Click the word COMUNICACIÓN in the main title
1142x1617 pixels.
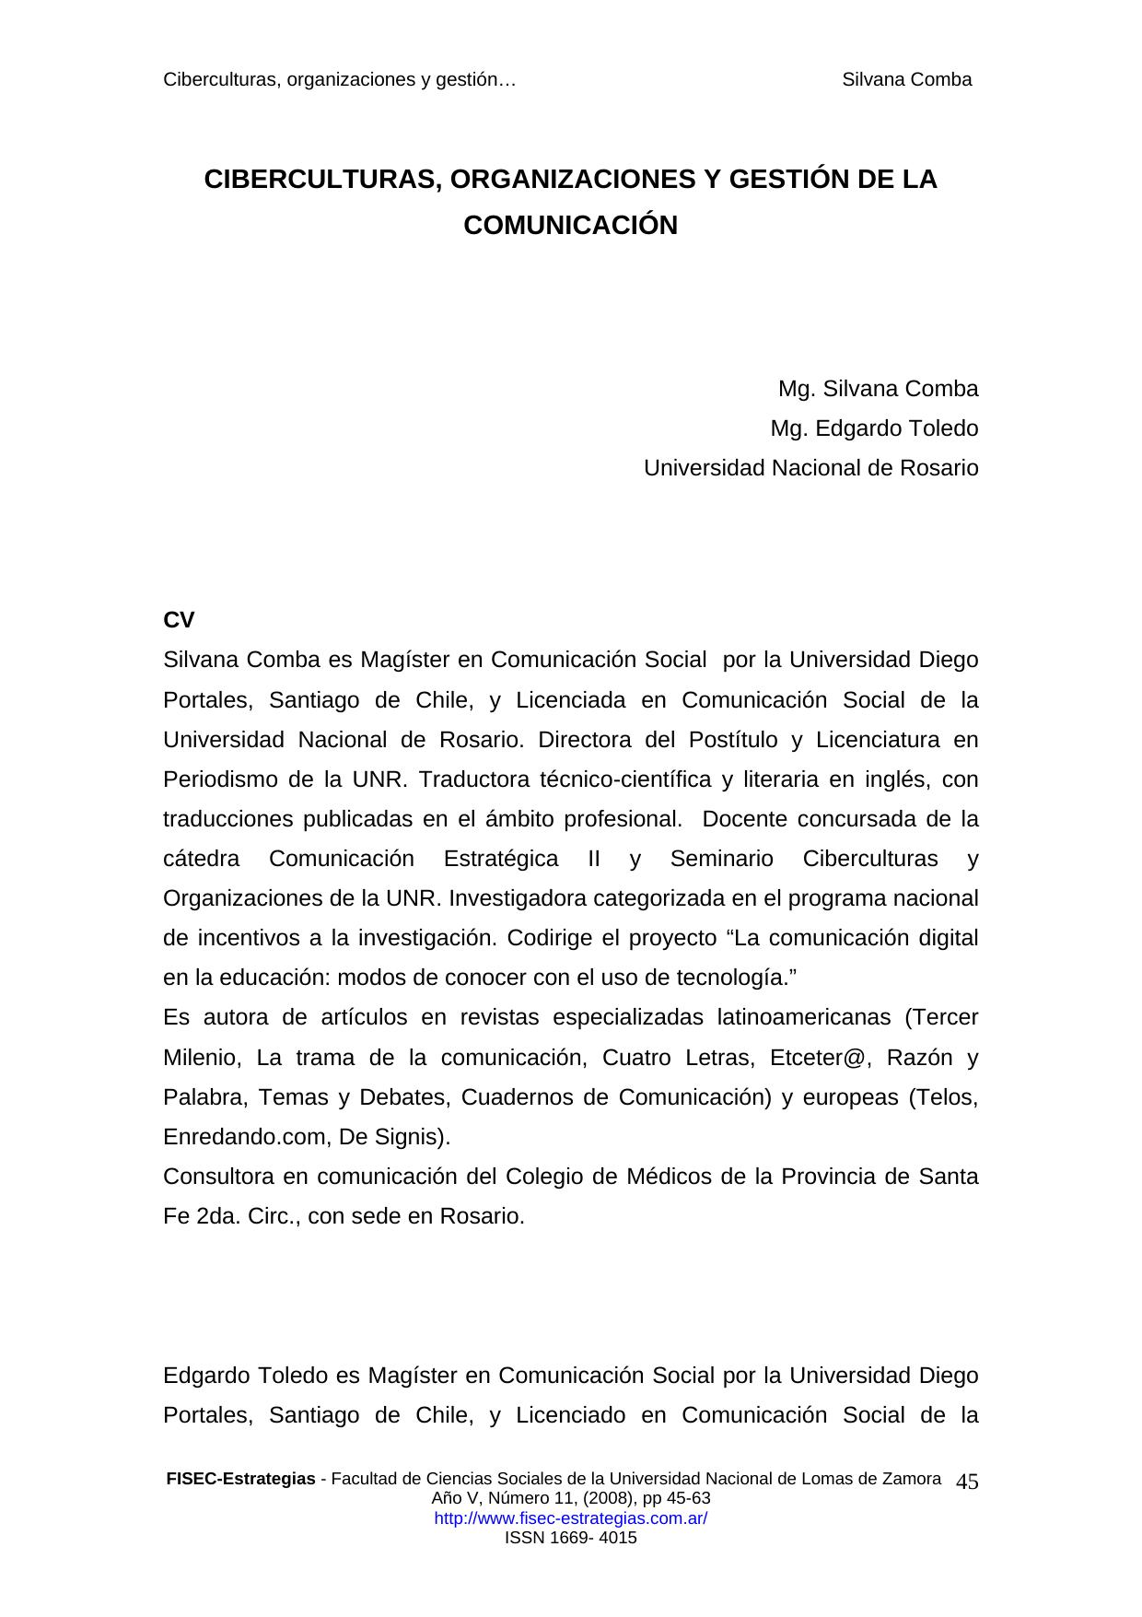[570, 226]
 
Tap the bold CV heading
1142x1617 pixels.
[179, 620]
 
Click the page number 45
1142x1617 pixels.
[967, 1482]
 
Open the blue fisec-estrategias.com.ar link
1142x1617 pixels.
[570, 1518]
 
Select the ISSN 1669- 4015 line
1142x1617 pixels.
[570, 1538]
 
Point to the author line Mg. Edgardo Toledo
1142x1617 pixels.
[874, 428]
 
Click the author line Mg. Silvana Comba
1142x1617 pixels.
[878, 389]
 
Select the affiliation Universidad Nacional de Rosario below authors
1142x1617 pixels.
[810, 468]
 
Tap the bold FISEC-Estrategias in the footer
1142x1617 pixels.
[240, 1479]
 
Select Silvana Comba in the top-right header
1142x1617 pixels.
[906, 79]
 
